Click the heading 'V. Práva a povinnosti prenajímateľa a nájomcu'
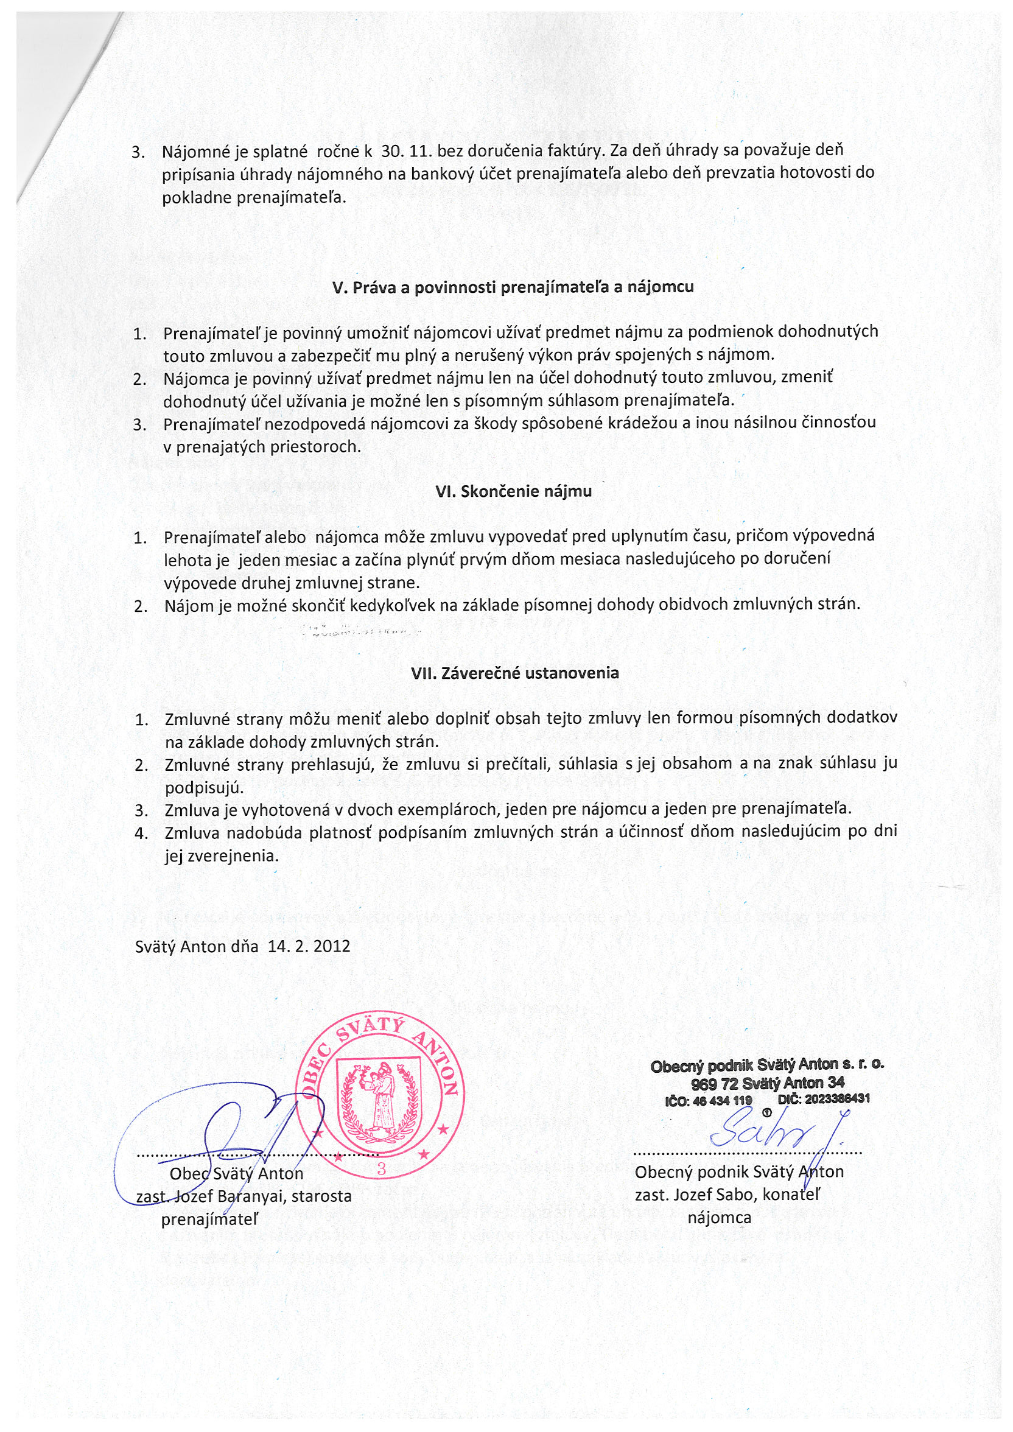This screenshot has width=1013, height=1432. pos(513,287)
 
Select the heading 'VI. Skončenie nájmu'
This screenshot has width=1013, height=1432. pos(513,491)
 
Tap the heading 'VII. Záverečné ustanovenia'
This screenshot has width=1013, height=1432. pos(514,673)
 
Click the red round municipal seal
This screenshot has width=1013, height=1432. pos(380,1095)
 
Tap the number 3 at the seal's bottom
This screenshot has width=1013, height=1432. pos(382,1169)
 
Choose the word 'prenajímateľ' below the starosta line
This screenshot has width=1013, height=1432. pos(209,1220)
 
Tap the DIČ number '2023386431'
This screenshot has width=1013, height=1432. pos(836,1098)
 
